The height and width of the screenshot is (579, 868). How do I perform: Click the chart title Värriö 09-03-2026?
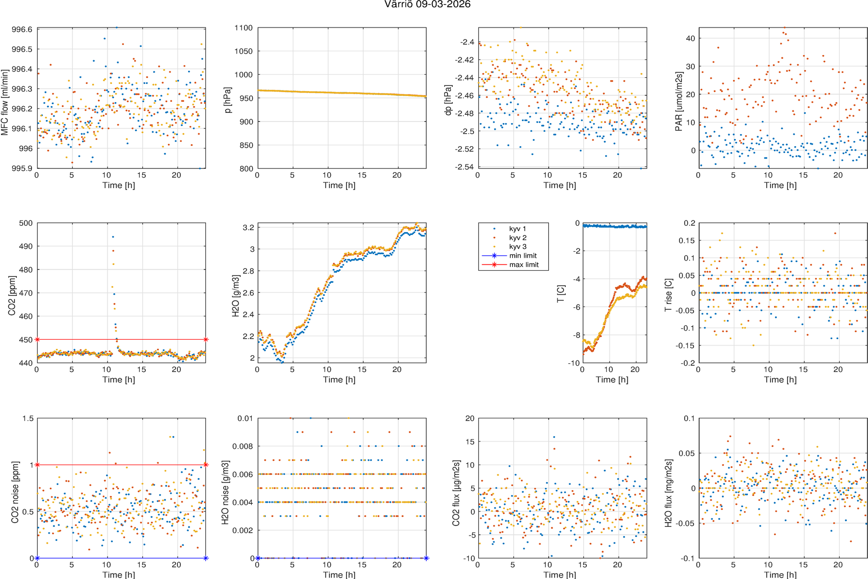[427, 4]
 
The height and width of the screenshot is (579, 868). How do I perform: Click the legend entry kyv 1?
[517, 229]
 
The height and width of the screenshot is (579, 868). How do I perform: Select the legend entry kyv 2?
[517, 237]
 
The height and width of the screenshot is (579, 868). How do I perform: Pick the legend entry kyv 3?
[517, 247]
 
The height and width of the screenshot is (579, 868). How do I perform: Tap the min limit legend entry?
[523, 256]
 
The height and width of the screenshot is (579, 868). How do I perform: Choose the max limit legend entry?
[524, 264]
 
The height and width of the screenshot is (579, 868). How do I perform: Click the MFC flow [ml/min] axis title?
[5, 102]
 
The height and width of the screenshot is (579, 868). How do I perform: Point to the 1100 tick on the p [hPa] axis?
[244, 28]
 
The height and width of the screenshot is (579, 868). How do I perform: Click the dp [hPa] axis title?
[448, 100]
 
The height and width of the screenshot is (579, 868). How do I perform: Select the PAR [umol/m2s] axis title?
[678, 101]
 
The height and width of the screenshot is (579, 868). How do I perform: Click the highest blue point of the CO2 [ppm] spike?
[113, 237]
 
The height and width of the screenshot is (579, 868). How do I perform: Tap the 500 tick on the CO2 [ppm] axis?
[26, 223]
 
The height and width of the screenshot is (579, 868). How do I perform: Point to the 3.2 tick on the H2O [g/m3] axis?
[249, 227]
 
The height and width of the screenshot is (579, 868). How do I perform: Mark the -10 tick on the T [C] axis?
[573, 363]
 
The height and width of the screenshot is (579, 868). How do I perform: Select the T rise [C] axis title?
[668, 295]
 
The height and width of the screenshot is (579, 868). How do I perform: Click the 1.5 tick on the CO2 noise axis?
[28, 418]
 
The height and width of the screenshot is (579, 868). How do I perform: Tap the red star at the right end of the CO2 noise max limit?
[206, 465]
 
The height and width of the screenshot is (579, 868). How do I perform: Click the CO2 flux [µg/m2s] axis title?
[456, 492]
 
